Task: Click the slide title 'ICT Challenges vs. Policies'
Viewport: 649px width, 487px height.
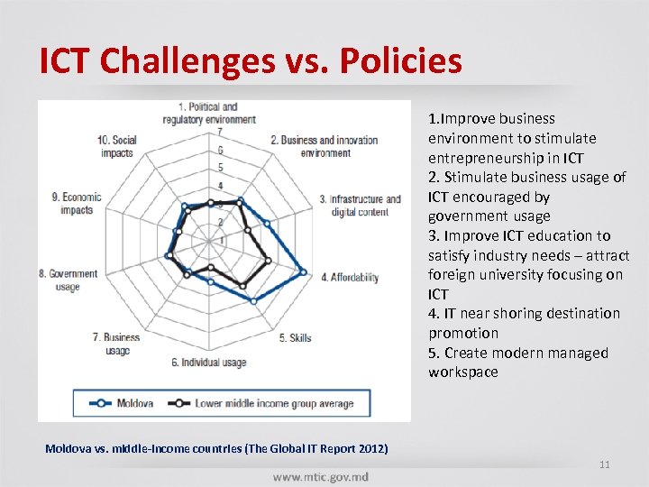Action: pos(251,60)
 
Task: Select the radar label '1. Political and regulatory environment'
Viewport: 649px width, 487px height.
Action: pos(209,114)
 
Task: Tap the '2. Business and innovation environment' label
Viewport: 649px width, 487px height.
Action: pos(324,146)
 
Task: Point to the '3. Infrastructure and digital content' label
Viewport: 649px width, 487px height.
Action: pos(360,206)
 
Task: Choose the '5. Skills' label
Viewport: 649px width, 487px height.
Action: pos(295,338)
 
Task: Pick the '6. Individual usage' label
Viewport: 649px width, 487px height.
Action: pos(208,363)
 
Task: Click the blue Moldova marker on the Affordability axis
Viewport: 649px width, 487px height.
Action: pos(303,272)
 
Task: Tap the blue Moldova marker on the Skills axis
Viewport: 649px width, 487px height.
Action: pos(253,300)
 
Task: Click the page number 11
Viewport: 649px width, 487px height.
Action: pos(605,464)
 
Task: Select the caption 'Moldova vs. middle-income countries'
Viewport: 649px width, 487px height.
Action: pos(217,448)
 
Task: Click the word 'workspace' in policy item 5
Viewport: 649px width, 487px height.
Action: pos(462,372)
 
